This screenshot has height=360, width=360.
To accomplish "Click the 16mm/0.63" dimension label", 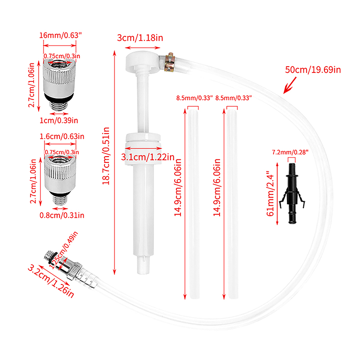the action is (60, 36).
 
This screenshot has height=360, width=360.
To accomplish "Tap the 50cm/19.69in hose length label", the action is (313, 70).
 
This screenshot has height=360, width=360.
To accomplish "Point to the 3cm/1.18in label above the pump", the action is (140, 38).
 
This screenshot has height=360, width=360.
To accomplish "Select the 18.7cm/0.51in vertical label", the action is (106, 156).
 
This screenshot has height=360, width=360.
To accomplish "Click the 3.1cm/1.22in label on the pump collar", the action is (148, 157).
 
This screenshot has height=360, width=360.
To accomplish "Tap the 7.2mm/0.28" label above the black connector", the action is (290, 152).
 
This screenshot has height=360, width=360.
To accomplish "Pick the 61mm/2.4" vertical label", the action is (270, 193).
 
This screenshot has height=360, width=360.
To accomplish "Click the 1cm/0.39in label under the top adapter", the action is (59, 120).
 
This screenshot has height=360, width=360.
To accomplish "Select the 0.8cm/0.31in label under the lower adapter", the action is (62, 215).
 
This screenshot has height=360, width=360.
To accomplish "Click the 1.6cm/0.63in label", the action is (62, 136).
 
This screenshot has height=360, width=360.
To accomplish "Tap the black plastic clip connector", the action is (292, 193).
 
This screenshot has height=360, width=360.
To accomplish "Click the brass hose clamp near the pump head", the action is (170, 62).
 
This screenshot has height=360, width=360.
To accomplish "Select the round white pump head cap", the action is (142, 61).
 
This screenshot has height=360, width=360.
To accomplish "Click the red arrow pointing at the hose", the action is (290, 85).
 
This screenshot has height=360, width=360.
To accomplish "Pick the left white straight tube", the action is (193, 204).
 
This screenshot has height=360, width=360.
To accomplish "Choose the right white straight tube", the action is (232, 204).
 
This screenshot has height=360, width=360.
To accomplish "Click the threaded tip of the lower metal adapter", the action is (60, 200).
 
